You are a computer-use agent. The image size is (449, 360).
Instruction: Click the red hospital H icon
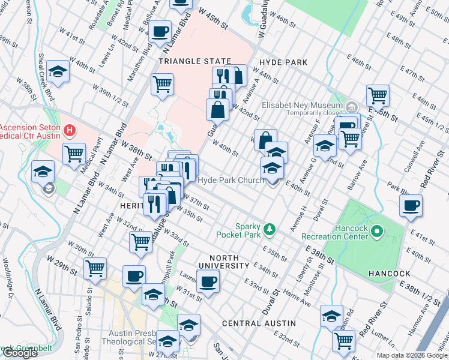70,130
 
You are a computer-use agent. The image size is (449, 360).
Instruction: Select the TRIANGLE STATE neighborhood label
195,62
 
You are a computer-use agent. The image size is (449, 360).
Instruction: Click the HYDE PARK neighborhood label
283,62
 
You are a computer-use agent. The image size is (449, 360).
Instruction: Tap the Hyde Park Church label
231,180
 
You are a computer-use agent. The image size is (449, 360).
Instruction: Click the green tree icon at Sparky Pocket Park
270,229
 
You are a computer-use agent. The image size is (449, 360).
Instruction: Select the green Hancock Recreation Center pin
377,230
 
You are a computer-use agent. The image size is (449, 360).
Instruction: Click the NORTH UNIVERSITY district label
224,262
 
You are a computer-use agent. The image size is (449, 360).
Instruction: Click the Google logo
20,353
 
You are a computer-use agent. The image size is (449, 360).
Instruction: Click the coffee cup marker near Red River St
411,206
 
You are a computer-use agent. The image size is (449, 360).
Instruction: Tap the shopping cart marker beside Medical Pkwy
74,153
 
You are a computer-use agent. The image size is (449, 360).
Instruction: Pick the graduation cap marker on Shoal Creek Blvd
58,71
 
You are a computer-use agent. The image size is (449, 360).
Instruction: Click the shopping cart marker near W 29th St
95,268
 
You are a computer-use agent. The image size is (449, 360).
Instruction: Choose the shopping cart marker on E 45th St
378,95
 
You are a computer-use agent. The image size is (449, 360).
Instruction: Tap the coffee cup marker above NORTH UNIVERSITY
208,281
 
